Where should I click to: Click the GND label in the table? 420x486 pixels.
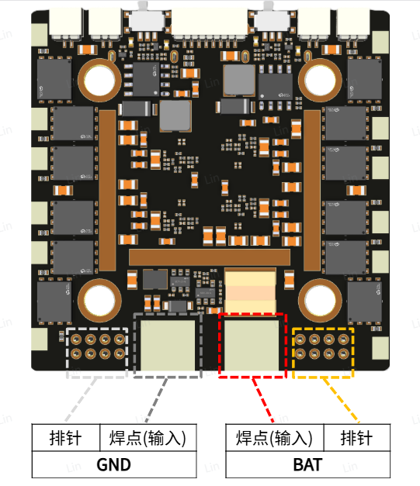coord(113,464)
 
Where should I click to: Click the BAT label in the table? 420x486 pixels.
coord(307,464)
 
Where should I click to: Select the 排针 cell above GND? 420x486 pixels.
coord(65,438)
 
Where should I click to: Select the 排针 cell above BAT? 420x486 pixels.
coord(356,438)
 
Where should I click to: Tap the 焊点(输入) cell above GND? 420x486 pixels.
coord(148,438)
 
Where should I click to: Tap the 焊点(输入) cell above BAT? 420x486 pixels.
coord(274,438)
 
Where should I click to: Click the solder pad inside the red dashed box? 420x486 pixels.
coord(252,345)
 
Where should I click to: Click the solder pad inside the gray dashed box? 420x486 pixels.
coord(168,345)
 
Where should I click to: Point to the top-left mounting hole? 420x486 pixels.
coord(99,81)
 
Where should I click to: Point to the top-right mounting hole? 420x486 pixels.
coord(320,81)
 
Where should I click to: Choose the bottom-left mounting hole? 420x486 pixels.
coord(99,300)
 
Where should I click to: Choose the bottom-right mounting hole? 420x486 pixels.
coord(320,300)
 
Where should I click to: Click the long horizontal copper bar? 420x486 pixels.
coord(210,257)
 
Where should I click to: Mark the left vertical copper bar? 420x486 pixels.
coord(107,191)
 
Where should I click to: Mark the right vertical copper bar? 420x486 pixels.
coord(312,191)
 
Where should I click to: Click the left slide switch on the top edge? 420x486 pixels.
coord(147,19)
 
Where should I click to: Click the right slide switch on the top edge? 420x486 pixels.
coord(272,19)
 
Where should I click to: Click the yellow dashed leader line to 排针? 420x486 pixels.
coord(341,400)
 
